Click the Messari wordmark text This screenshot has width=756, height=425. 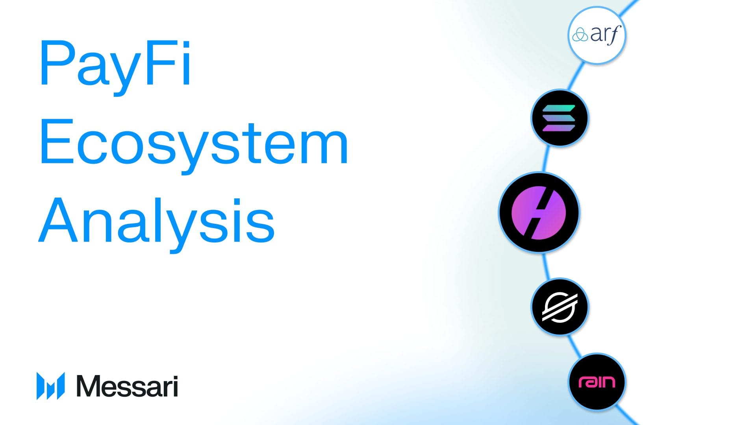[x=127, y=386]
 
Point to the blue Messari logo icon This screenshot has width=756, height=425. [x=50, y=386]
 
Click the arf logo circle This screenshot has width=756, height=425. [x=597, y=35]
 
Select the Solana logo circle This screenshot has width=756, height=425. [x=560, y=118]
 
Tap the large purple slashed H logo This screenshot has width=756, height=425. [x=539, y=212]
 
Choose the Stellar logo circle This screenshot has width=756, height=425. [x=560, y=307]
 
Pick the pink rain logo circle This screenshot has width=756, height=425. [x=597, y=382]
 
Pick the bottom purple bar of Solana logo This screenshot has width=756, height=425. [x=559, y=128]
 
